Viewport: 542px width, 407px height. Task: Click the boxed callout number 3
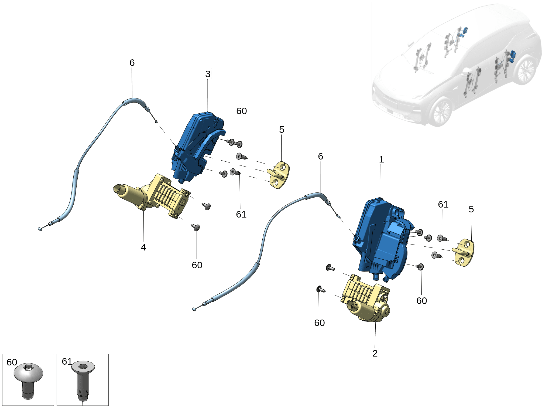207,74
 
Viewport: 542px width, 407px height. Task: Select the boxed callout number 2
375,353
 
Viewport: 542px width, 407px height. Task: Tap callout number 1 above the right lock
381,159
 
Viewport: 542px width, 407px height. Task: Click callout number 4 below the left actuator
143,247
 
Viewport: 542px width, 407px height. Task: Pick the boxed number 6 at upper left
132,62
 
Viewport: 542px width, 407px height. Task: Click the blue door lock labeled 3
197,146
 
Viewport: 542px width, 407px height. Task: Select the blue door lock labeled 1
380,238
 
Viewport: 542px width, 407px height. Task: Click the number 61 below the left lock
241,214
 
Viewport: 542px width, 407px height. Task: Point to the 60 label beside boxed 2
319,323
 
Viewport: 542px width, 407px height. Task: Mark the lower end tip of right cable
194,309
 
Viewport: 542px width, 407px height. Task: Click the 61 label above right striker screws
443,204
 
